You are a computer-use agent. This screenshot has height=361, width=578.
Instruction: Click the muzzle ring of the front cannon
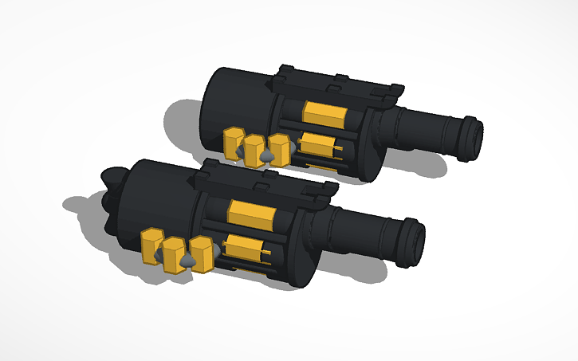point(414,241)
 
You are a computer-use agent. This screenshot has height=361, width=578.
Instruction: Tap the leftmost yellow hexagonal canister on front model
point(151,245)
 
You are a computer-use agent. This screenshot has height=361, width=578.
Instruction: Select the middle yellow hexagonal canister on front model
point(174,254)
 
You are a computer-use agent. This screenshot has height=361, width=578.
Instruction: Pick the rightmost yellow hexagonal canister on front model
point(203,254)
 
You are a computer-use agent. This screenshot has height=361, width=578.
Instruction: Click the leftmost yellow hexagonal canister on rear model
point(233,142)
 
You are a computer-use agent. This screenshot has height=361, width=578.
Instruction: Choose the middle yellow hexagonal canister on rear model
point(254,149)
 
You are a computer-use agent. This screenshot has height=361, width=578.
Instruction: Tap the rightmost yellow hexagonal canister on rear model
point(279,147)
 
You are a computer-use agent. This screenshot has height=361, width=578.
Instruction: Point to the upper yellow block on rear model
point(325,113)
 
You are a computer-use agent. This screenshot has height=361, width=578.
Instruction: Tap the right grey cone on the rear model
point(269,156)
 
